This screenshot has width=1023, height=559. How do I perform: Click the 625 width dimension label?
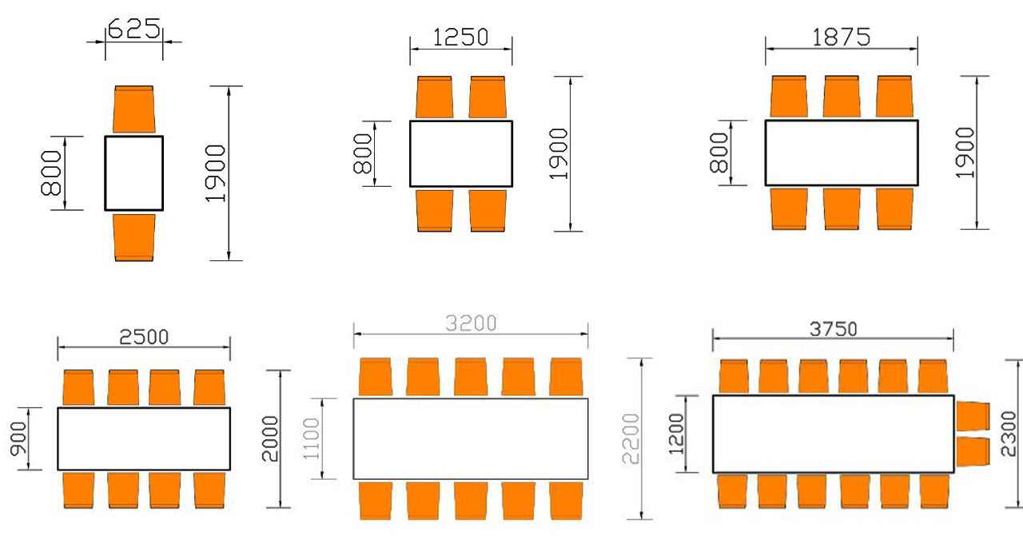click(134, 30)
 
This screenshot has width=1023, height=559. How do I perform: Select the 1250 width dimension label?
click(460, 38)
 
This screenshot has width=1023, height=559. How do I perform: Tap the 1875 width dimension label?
click(841, 37)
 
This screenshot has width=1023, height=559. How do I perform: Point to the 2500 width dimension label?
click(144, 336)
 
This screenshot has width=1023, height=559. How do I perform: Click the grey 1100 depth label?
click(312, 438)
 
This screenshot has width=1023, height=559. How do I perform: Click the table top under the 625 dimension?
click(134, 172)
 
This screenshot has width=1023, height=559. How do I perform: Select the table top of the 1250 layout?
click(461, 153)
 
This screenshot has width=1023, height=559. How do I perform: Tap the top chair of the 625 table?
click(134, 109)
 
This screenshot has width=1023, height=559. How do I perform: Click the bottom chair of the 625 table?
click(134, 237)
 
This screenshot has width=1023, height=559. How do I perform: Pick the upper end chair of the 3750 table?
click(973, 416)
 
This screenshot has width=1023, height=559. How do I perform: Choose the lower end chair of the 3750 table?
click(973, 452)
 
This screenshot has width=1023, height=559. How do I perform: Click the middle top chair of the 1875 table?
click(841, 97)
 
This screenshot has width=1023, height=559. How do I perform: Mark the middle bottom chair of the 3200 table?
click(471, 500)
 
